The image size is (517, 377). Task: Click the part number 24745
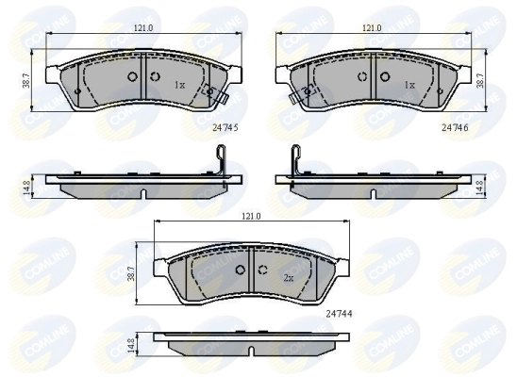(x=225, y=128)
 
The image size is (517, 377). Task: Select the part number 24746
(x=455, y=128)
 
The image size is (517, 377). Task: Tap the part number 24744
(x=339, y=314)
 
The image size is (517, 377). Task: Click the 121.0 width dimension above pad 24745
(x=143, y=28)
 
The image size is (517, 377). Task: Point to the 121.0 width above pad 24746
(x=372, y=28)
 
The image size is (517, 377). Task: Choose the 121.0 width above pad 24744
(x=251, y=216)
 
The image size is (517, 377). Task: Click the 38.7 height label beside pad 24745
(x=26, y=81)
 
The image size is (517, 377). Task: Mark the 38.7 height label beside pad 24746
(x=480, y=80)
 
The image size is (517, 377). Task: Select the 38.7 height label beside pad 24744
(x=130, y=273)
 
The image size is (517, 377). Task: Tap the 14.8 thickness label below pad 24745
(x=26, y=188)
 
